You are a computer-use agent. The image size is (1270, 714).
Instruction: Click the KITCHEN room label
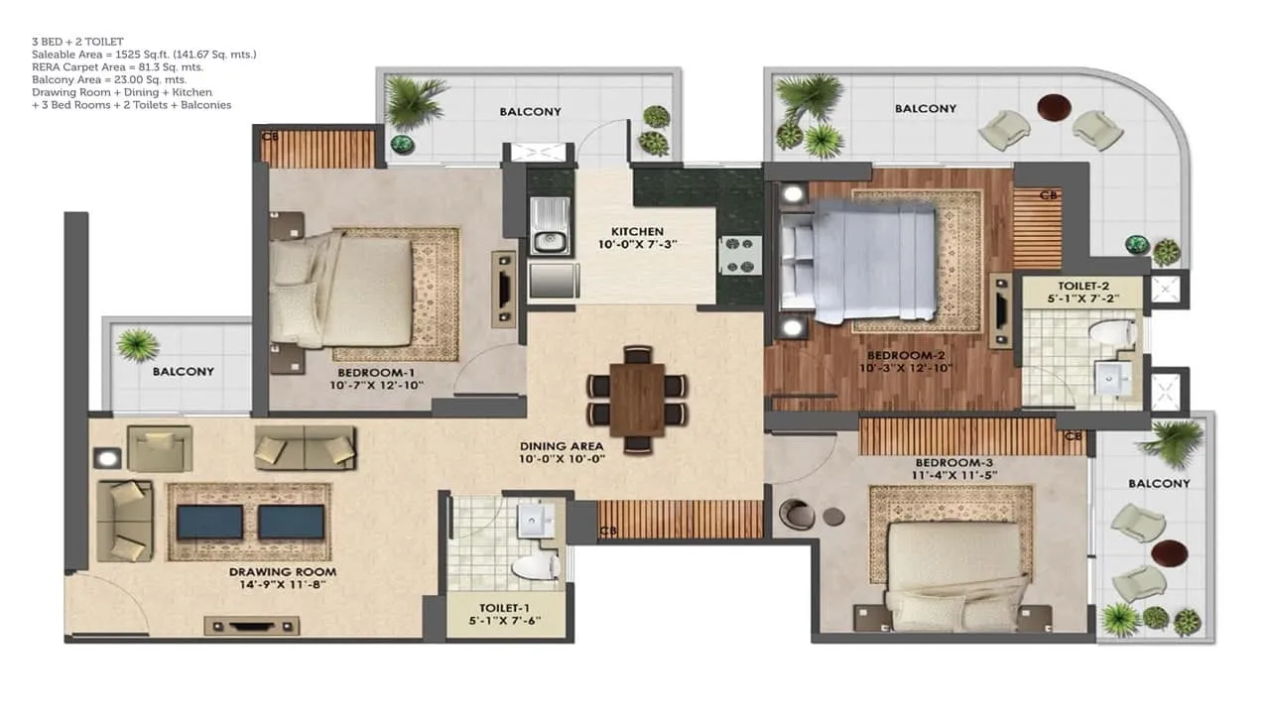click(x=637, y=231)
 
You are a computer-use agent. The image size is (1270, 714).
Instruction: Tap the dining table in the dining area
click(x=637, y=400)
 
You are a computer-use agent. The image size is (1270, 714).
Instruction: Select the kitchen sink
click(x=550, y=225)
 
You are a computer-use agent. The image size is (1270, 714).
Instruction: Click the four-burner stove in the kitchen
click(x=740, y=256)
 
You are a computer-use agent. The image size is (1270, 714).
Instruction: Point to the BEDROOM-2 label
click(x=906, y=356)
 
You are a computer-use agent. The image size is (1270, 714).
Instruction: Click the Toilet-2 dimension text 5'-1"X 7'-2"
click(x=1082, y=298)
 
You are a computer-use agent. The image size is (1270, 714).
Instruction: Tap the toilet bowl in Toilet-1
click(x=536, y=566)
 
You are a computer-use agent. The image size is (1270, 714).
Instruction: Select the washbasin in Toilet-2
click(x=1113, y=378)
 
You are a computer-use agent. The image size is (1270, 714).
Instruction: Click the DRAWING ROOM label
click(x=283, y=572)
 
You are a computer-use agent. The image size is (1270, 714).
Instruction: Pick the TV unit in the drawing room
click(x=252, y=626)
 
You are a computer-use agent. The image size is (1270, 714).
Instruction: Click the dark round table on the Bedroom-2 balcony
click(x=1054, y=107)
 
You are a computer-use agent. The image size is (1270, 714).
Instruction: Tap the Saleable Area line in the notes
click(x=144, y=55)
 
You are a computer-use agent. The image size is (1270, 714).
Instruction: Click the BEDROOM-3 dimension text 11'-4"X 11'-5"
click(x=954, y=475)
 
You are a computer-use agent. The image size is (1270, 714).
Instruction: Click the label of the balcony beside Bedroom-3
click(x=1159, y=483)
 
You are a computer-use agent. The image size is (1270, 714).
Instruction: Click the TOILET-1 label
click(x=504, y=608)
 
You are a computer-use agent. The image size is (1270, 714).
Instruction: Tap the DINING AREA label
click(x=562, y=446)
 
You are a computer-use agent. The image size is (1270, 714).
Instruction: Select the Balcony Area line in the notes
click(x=109, y=80)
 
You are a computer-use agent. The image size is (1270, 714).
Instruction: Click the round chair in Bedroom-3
click(x=797, y=514)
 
